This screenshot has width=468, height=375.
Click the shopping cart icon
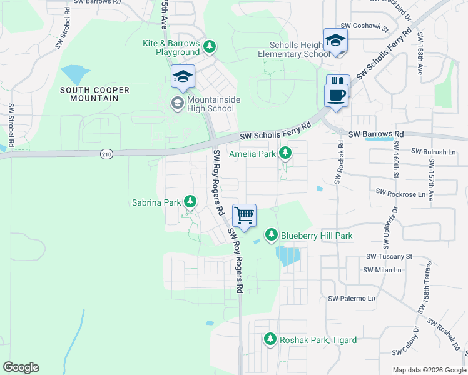click(x=245, y=215)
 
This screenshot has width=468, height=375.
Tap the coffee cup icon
click(x=338, y=95)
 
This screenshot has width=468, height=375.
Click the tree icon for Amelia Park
click(x=285, y=152)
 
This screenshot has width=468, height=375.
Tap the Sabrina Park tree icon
click(x=190, y=202)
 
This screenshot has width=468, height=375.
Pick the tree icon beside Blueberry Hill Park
click(x=271, y=235)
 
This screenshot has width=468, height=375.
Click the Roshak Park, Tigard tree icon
click(x=270, y=339)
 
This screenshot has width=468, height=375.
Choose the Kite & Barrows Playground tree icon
click(x=210, y=46)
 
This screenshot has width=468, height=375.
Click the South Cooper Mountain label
click(x=94, y=94)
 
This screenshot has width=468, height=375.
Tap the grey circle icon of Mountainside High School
click(x=178, y=103)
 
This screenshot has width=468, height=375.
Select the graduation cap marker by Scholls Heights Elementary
click(x=335, y=41)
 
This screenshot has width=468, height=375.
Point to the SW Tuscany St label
click(x=389, y=256)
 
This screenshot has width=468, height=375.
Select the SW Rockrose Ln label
click(x=400, y=194)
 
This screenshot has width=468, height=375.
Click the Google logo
click(x=21, y=367)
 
